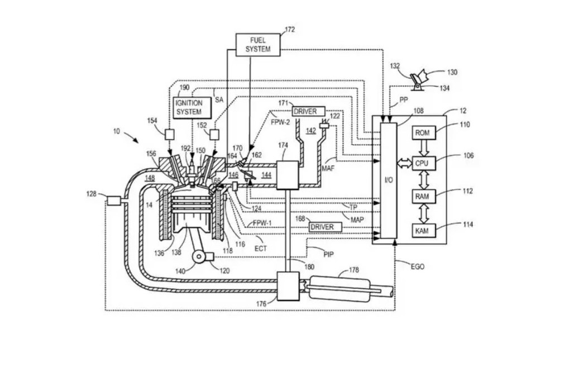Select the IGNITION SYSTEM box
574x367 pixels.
click(x=188, y=107)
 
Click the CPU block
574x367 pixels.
click(x=422, y=164)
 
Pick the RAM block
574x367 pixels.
click(x=422, y=197)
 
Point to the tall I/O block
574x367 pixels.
click(x=388, y=180)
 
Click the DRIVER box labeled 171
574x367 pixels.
click(x=304, y=112)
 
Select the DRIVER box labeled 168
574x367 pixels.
click(x=322, y=227)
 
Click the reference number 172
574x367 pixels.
click(x=290, y=29)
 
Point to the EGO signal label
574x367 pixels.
click(x=417, y=266)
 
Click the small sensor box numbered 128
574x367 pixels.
click(x=114, y=200)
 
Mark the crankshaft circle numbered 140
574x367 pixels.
click(x=198, y=258)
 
